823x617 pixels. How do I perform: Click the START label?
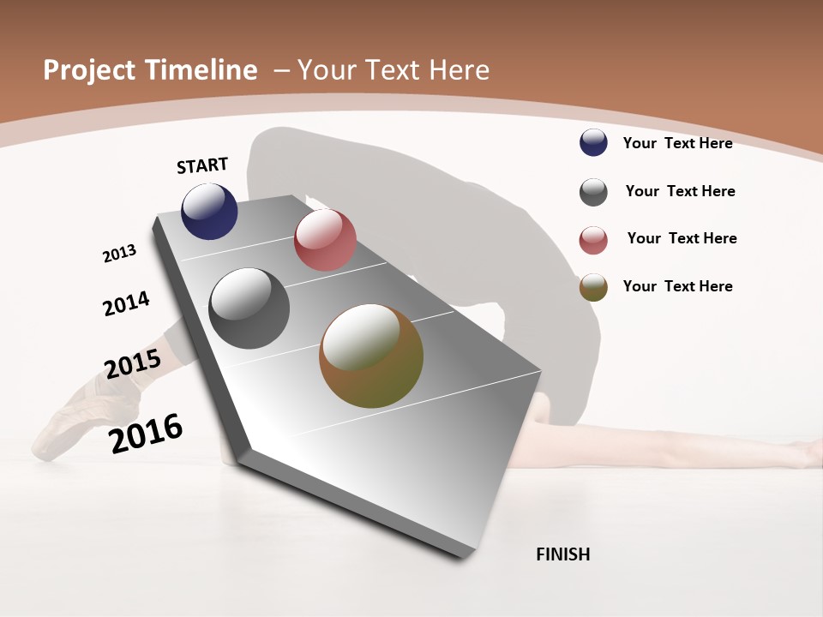pyautogui.click(x=202, y=165)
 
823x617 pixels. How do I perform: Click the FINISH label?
pyautogui.click(x=562, y=554)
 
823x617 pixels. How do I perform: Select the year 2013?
pyautogui.click(x=119, y=254)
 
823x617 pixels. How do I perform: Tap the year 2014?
pyautogui.click(x=126, y=303)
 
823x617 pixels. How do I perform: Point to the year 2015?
pyautogui.click(x=132, y=364)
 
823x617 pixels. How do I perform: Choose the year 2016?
pyautogui.click(x=146, y=434)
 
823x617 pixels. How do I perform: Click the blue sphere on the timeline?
pyautogui.click(x=209, y=212)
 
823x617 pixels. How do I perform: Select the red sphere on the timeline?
pyautogui.click(x=325, y=240)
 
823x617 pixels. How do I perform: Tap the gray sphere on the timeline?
pyautogui.click(x=249, y=308)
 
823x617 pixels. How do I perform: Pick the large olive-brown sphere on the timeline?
pyautogui.click(x=371, y=356)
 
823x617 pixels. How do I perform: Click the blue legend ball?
pyautogui.click(x=593, y=143)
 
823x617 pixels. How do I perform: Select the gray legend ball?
pyautogui.click(x=593, y=192)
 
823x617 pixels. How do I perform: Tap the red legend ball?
pyautogui.click(x=593, y=240)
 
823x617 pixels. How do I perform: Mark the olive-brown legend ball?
pyautogui.click(x=593, y=287)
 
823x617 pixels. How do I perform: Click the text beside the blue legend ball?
pyautogui.click(x=677, y=143)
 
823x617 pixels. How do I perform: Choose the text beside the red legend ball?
pyautogui.click(x=682, y=238)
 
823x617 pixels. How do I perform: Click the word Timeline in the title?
pyautogui.click(x=202, y=70)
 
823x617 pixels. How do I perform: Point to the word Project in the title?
pyautogui.click(x=89, y=70)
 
